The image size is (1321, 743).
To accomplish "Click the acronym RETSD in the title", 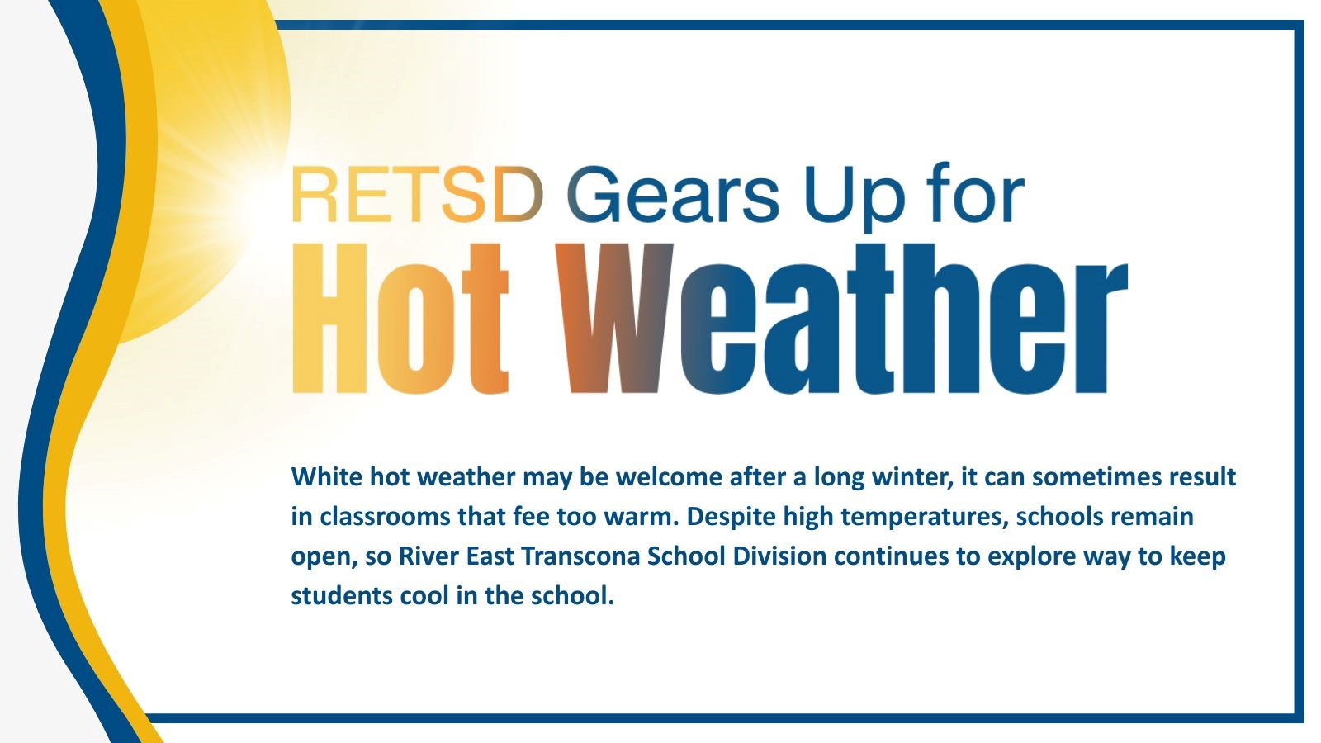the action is point(417,195).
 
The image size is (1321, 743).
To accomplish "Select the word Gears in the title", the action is point(673,194).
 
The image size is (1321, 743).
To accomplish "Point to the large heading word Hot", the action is point(400,318).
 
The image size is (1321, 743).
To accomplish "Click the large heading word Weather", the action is point(841,318).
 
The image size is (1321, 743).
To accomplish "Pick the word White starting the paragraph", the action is point(327,476).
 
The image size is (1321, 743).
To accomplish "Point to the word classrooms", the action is point(386,517).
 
